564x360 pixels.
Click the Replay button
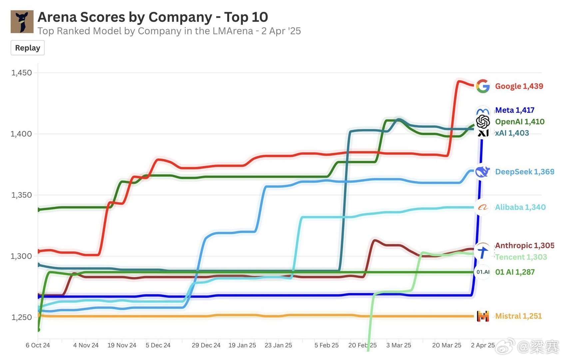tap(28, 48)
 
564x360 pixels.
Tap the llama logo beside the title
tap(22, 22)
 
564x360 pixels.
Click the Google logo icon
tap(483, 86)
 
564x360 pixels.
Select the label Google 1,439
tap(519, 86)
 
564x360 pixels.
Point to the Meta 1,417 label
tap(515, 110)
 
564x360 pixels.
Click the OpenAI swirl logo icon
tap(483, 122)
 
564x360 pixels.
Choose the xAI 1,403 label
tap(512, 133)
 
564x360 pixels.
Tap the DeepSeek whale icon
tap(482, 172)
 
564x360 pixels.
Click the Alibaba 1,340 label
tap(520, 207)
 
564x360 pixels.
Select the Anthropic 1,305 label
tap(525, 245)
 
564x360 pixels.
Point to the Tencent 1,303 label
tap(521, 257)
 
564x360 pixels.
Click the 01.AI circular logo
tap(483, 272)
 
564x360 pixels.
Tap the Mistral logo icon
tap(483, 316)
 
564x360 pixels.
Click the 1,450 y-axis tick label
tap(22, 73)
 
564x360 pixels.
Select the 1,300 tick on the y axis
tap(21, 256)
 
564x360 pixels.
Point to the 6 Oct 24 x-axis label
tap(38, 345)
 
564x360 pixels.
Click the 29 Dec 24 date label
tap(206, 345)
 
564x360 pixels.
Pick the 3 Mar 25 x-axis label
tap(398, 345)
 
